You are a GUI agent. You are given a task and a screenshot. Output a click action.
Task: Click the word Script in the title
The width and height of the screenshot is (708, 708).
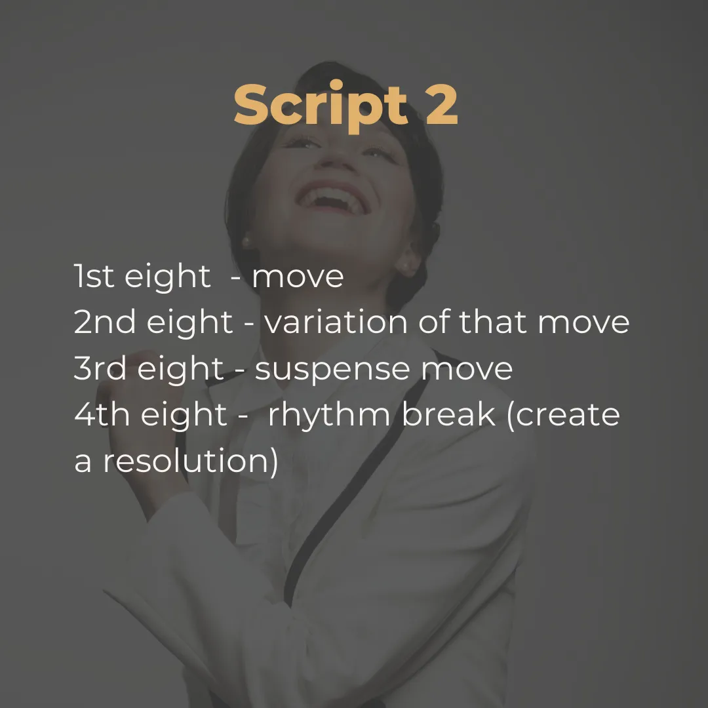pyautogui.click(x=321, y=107)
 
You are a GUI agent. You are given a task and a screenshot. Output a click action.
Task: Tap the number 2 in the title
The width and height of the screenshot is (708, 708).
pyautogui.click(x=441, y=104)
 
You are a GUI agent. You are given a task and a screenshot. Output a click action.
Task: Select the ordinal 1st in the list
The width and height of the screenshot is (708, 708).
pyautogui.click(x=94, y=276)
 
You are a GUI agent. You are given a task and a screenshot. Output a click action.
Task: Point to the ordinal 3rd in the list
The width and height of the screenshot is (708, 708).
pyautogui.click(x=100, y=368)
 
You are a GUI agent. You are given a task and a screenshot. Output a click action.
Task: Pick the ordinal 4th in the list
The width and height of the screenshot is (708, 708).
pyautogui.click(x=102, y=414)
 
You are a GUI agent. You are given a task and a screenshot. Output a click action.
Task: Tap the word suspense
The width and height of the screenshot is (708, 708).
pyautogui.click(x=333, y=370)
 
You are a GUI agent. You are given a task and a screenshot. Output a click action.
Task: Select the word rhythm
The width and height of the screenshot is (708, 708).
pyautogui.click(x=329, y=416)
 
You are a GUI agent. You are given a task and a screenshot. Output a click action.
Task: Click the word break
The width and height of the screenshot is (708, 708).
pyautogui.click(x=448, y=414)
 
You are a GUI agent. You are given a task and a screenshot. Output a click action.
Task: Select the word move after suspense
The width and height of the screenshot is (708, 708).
pyautogui.click(x=467, y=370)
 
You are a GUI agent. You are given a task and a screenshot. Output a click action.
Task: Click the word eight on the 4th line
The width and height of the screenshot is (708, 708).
pyautogui.click(x=184, y=416)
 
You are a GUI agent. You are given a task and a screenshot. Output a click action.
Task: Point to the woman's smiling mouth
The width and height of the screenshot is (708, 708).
pyautogui.click(x=333, y=198)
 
